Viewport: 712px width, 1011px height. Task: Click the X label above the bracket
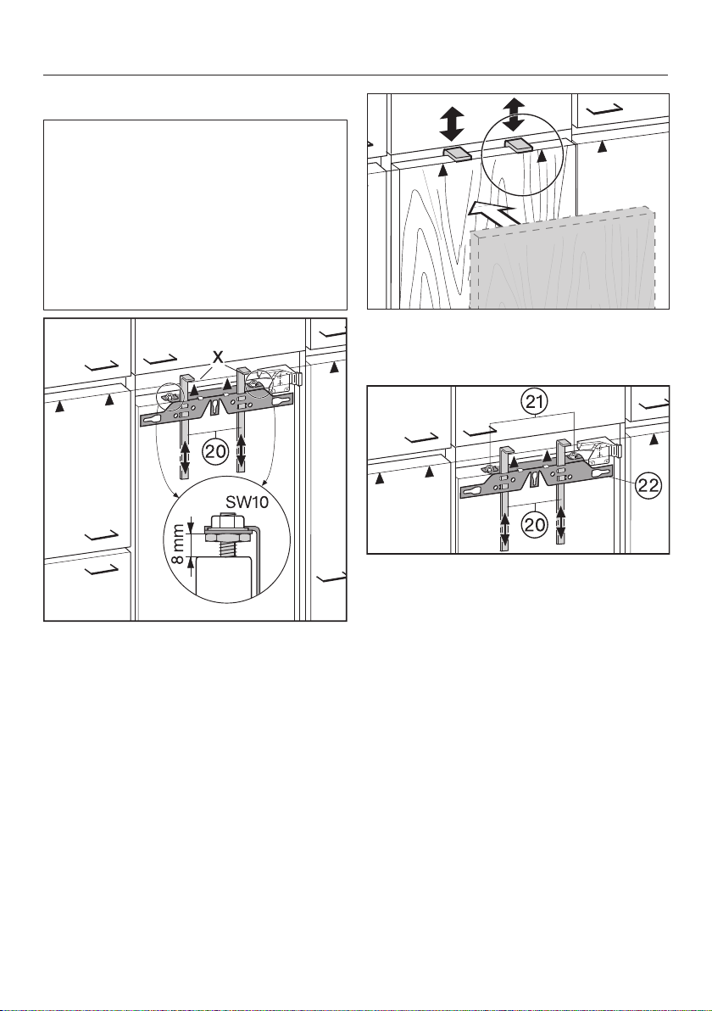pos(219,355)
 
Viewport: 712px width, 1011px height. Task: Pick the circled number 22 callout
pos(646,486)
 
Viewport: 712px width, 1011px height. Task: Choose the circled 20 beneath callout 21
pos(533,525)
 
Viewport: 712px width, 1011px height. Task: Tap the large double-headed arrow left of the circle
pos(452,124)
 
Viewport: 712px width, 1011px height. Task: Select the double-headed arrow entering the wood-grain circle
pos(514,115)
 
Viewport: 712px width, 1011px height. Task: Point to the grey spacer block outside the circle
pos(457,153)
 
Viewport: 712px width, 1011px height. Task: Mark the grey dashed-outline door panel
pos(564,260)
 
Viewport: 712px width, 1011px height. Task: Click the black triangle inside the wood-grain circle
pos(542,155)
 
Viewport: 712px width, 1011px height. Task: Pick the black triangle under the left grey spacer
pos(442,170)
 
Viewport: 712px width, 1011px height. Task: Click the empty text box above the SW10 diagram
pos(195,215)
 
